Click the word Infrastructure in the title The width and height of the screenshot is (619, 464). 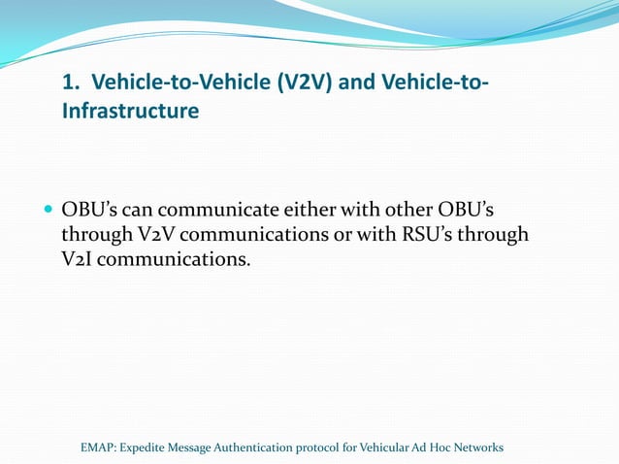pyautogui.click(x=130, y=112)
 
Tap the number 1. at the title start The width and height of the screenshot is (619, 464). pyautogui.click(x=71, y=83)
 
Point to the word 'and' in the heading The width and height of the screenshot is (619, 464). pyautogui.click(x=359, y=83)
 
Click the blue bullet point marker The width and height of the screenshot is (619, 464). pyautogui.click(x=49, y=211)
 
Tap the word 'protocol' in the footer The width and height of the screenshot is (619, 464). pyautogui.click(x=330, y=447)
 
